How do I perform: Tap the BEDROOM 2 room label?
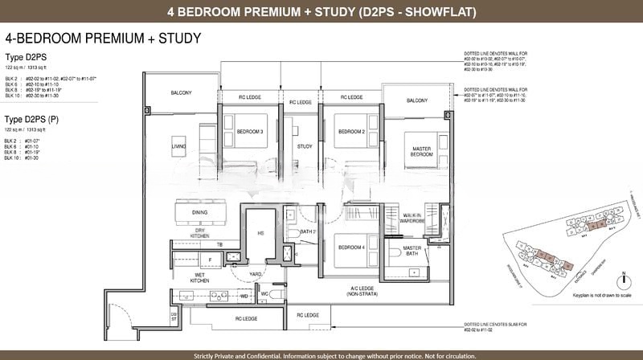351,131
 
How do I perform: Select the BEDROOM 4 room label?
351,247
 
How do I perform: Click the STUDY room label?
304,146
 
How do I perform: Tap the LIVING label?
178,146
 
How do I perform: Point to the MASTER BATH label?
412,251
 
